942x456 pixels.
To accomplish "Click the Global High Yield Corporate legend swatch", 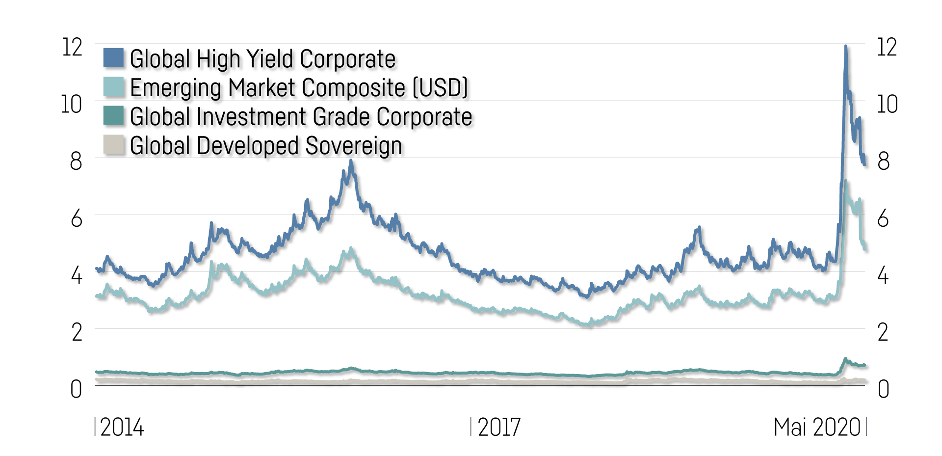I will pyautogui.click(x=113, y=58).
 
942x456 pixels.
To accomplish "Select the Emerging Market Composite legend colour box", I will pyautogui.click(x=113, y=87).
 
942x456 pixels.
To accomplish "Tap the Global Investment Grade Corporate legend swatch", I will pyautogui.click(x=113, y=116).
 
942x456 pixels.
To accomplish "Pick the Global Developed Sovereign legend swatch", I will pyautogui.click(x=113, y=145).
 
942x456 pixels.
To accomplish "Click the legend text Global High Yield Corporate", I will pyautogui.click(x=262, y=59).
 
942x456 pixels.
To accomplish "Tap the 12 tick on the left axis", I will pyautogui.click(x=72, y=48).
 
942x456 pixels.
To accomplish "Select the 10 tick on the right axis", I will pyautogui.click(x=887, y=105).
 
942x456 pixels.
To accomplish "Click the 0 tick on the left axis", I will pyautogui.click(x=76, y=389).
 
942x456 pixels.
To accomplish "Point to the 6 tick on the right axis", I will pyautogui.click(x=883, y=218).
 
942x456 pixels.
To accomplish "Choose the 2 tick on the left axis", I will pyautogui.click(x=77, y=332).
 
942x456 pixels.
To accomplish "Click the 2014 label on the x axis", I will pyautogui.click(x=122, y=428).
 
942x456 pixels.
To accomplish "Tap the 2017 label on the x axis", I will pyautogui.click(x=498, y=428).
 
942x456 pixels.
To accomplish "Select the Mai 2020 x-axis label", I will pyautogui.click(x=817, y=428).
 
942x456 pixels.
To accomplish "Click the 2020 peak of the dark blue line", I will pyautogui.click(x=846, y=47).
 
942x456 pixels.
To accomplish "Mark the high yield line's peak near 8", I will pyautogui.click(x=350, y=161).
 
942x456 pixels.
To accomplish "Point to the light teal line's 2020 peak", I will pyautogui.click(x=845, y=182).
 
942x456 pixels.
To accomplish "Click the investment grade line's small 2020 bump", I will pyautogui.click(x=845, y=359).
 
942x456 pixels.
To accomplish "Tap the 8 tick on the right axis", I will pyautogui.click(x=883, y=161).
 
